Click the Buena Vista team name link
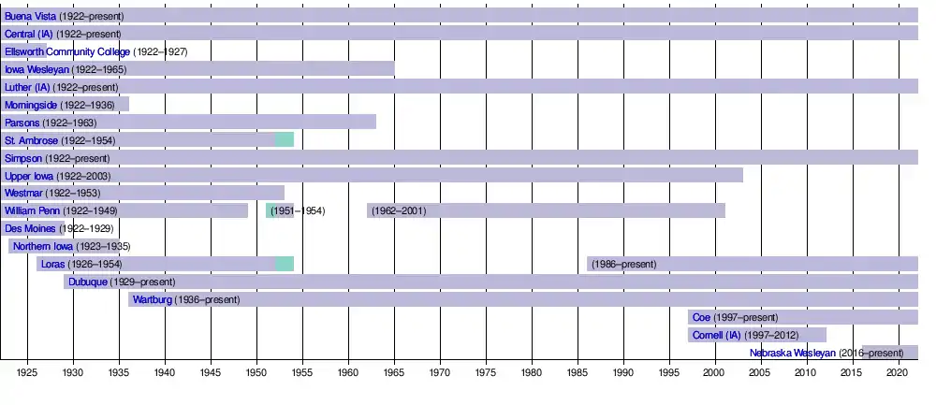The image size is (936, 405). point(30,16)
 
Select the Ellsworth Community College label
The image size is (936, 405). point(66,51)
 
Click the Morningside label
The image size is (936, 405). point(31,105)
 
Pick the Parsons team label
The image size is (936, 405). point(22,123)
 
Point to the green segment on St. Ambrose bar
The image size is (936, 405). point(285,140)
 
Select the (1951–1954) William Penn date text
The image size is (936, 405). point(298,210)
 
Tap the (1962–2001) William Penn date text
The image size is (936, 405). point(399,210)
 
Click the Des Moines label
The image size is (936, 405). point(31,228)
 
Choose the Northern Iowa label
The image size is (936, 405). point(43,246)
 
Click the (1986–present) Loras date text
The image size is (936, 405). point(622,264)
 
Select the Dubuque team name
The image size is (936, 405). point(87,282)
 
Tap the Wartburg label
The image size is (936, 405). point(152,299)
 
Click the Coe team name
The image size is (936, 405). point(701,317)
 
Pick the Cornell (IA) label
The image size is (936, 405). point(716,335)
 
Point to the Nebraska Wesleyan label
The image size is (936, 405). point(793,353)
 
